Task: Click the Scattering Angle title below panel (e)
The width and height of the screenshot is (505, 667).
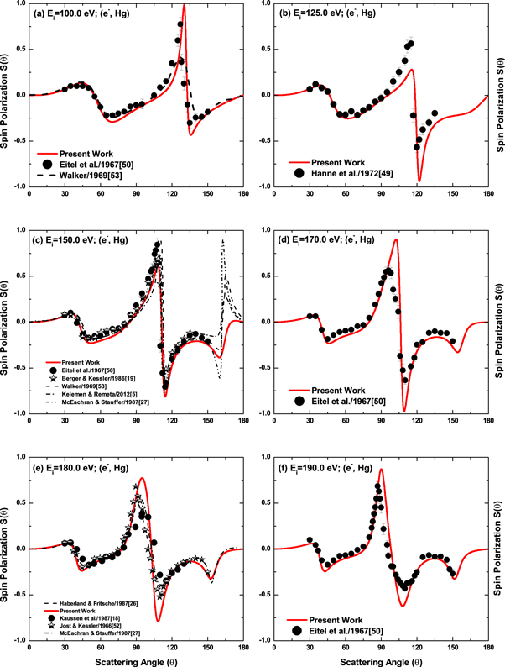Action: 135,659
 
